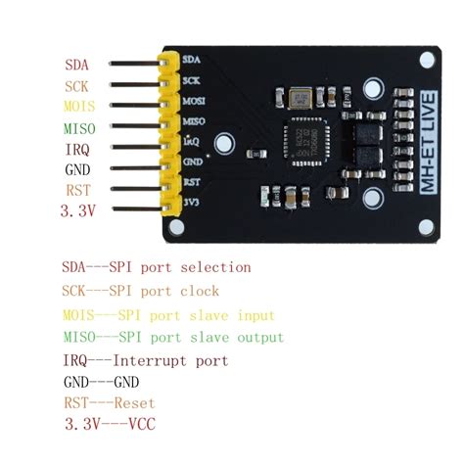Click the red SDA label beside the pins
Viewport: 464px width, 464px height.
(77, 65)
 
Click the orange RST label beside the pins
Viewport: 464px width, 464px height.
(77, 189)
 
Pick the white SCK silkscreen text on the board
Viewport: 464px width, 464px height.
(192, 80)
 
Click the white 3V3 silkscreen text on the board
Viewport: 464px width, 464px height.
(192, 203)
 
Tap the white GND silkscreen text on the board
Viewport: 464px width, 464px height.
(193, 162)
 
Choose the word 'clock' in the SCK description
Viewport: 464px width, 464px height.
(199, 291)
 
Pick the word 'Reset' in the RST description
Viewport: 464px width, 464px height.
(134, 402)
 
